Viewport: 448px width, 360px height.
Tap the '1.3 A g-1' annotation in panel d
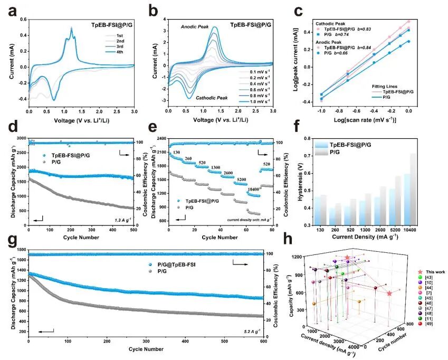[122, 219]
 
